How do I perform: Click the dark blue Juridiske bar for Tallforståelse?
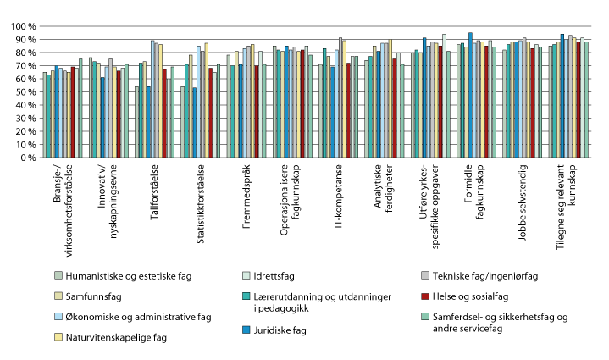148,122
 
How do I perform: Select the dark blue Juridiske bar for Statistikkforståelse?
194,123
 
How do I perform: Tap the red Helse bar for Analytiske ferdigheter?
394,108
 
